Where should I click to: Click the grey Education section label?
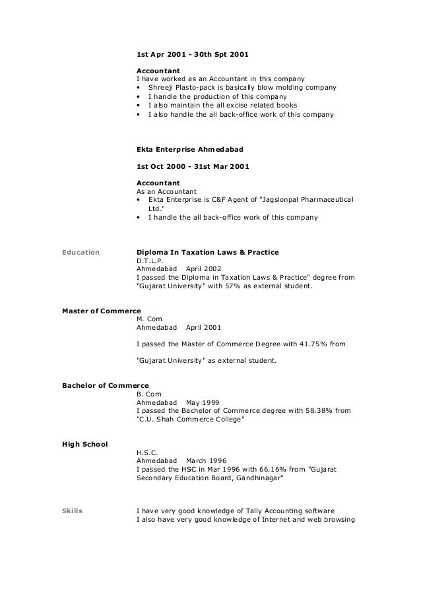pyautogui.click(x=80, y=252)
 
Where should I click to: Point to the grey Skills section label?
pyautogui.click(x=72, y=511)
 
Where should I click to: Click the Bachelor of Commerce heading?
pyautogui.click(x=105, y=385)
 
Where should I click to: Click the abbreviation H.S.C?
pyautogui.click(x=147, y=453)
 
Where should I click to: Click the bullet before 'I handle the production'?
pyautogui.click(x=138, y=97)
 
